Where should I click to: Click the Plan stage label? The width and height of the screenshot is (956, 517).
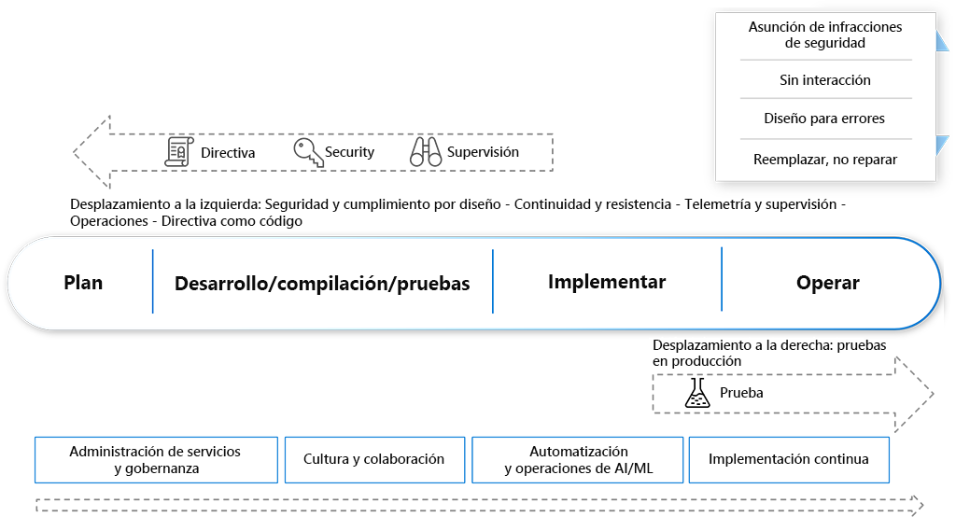pos(83,283)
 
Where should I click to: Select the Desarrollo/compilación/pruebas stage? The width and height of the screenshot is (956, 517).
pos(322,284)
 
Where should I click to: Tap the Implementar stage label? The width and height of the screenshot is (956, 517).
pos(607,282)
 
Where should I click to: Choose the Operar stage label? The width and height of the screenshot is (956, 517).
pos(828,284)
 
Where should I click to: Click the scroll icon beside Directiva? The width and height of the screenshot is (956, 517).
pos(178,152)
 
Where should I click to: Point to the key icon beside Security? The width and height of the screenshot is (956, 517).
pos(308,152)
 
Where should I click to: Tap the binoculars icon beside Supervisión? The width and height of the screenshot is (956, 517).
pos(426,152)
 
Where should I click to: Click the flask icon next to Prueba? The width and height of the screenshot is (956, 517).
pos(696,393)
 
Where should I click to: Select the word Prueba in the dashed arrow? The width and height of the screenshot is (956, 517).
pos(741,393)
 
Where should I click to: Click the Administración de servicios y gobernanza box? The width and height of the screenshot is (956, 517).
pos(156,459)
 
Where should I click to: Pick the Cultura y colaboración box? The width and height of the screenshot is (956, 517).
pos(373,459)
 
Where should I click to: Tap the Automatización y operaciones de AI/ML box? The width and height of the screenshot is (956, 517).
pos(579,459)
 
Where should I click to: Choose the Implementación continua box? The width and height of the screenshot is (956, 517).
pos(789,459)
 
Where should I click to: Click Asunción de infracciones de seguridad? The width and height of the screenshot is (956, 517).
pos(825,35)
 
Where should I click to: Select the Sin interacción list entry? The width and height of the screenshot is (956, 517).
pos(825,80)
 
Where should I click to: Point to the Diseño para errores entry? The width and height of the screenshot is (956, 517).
pos(825,119)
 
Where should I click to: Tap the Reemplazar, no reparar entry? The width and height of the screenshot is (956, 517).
pos(825,160)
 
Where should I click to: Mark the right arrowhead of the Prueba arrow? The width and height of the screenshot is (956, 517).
pos(914,393)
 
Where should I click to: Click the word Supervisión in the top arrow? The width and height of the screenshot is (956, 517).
pos(483,152)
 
